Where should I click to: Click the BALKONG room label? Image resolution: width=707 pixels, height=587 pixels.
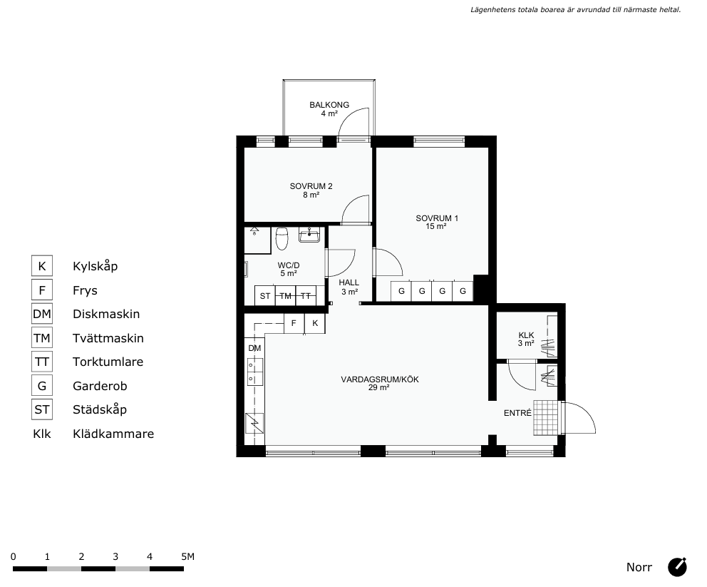point(329,105)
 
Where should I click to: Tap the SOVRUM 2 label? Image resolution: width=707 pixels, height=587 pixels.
point(311,186)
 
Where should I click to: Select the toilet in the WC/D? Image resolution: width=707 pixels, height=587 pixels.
point(282,238)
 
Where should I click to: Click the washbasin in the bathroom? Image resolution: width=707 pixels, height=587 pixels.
point(309,235)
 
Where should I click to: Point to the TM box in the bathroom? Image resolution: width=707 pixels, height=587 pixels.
point(285,296)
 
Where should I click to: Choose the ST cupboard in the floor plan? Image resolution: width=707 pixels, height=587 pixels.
point(265,296)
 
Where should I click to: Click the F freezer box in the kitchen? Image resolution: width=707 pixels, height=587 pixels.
point(294,324)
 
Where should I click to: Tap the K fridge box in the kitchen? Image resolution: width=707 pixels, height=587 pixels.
point(315,324)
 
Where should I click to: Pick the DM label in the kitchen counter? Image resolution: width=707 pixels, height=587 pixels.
point(254,348)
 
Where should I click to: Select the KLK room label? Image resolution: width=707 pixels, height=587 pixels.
point(526,335)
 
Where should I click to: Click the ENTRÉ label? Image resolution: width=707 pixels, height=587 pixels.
point(517,413)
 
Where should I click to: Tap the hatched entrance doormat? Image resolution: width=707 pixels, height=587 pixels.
point(546,418)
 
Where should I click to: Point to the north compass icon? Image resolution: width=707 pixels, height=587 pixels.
point(677,567)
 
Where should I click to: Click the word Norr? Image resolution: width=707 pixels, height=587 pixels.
point(639,567)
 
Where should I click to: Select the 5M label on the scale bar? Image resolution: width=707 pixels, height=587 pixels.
point(187,556)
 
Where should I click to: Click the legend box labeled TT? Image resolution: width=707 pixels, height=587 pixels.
point(42,362)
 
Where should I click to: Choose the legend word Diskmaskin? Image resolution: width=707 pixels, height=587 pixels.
point(106,314)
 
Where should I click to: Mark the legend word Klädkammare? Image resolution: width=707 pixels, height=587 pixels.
point(113,434)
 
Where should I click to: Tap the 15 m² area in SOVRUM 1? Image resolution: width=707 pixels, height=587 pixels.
point(436,227)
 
